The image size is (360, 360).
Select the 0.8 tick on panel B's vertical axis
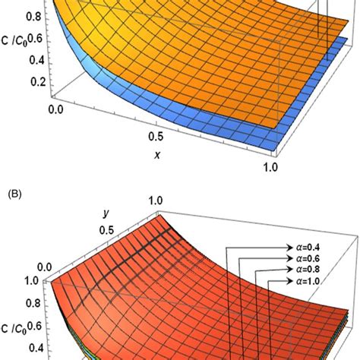click(x=32, y=308)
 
